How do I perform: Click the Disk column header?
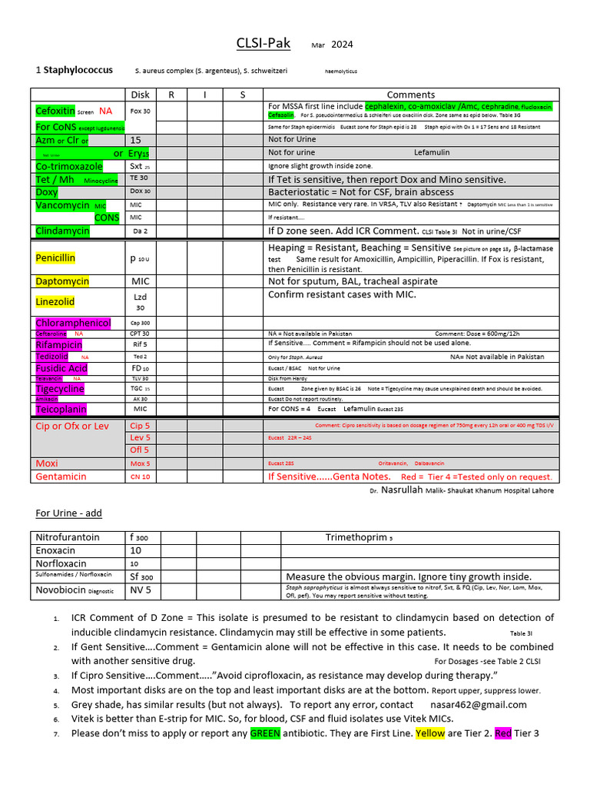[x=141, y=95]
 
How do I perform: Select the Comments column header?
[x=410, y=95]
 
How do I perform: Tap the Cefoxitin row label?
[x=55, y=111]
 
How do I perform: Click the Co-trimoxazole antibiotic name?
[x=68, y=166]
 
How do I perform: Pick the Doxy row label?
[x=47, y=191]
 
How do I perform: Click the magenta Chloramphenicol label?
[x=73, y=323]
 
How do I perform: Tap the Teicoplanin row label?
[x=61, y=410]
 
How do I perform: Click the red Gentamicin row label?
[x=61, y=477]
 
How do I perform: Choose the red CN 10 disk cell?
[x=140, y=477]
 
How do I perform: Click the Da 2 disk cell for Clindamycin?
[x=140, y=231]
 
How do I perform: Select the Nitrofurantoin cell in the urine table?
[x=68, y=538]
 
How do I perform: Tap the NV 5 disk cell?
[x=140, y=590]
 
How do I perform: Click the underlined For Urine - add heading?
[x=69, y=513]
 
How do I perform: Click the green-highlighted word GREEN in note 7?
[x=265, y=733]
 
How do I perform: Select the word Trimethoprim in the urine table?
[x=357, y=538]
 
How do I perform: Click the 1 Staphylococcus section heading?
[x=75, y=70]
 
